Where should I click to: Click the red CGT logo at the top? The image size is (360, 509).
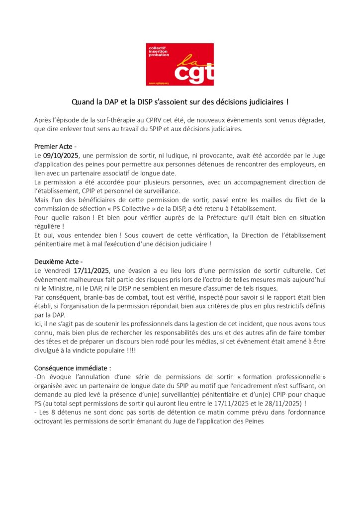tap(180, 64)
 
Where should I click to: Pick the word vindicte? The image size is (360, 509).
tap(77, 350)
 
